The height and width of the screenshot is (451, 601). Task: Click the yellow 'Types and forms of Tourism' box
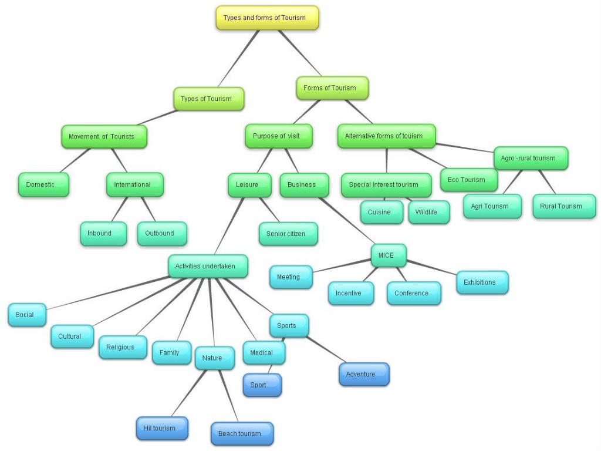click(x=267, y=18)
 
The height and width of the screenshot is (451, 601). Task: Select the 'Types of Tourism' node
click(x=208, y=99)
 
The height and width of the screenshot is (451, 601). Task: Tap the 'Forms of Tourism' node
click(x=332, y=88)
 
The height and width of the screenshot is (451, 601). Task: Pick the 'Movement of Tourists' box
click(x=104, y=137)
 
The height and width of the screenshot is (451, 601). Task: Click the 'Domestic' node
click(x=43, y=184)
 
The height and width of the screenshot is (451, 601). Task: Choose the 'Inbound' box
click(x=103, y=233)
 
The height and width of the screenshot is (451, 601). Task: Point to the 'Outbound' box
click(x=162, y=233)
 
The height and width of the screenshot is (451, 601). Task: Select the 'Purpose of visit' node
click(x=278, y=136)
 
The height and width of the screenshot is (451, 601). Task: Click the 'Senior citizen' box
click(x=289, y=234)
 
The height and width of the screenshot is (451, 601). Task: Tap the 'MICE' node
click(x=389, y=255)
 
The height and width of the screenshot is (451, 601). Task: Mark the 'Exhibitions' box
click(x=482, y=282)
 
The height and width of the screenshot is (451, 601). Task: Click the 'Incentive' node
click(x=350, y=293)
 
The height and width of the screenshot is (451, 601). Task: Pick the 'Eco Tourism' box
click(x=468, y=180)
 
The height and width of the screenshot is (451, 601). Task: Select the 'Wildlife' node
click(x=428, y=212)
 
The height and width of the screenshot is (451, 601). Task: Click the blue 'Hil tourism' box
click(x=161, y=428)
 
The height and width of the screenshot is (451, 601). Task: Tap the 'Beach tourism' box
click(x=242, y=433)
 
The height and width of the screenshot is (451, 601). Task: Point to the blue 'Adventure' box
click(x=363, y=374)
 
